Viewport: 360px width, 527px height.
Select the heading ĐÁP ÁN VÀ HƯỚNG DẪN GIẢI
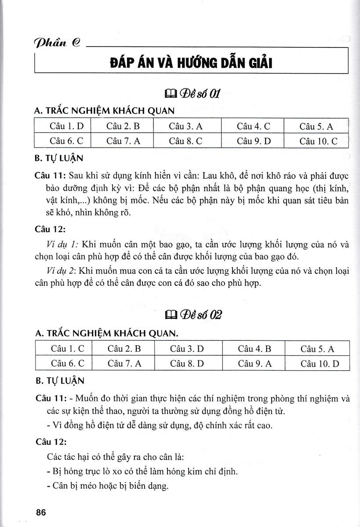pyautogui.click(x=191, y=64)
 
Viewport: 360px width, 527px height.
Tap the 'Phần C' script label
pyautogui.click(x=56, y=44)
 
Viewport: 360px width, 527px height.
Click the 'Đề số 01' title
pyautogui.click(x=197, y=94)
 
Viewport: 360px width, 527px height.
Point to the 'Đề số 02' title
pyautogui.click(x=198, y=315)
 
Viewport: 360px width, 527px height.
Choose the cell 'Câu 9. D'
pyautogui.click(x=253, y=141)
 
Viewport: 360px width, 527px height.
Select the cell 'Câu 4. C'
pyautogui.click(x=253, y=126)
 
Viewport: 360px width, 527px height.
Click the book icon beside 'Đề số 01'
pyautogui.click(x=170, y=94)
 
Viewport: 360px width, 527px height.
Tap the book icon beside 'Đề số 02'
pyautogui.click(x=169, y=315)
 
